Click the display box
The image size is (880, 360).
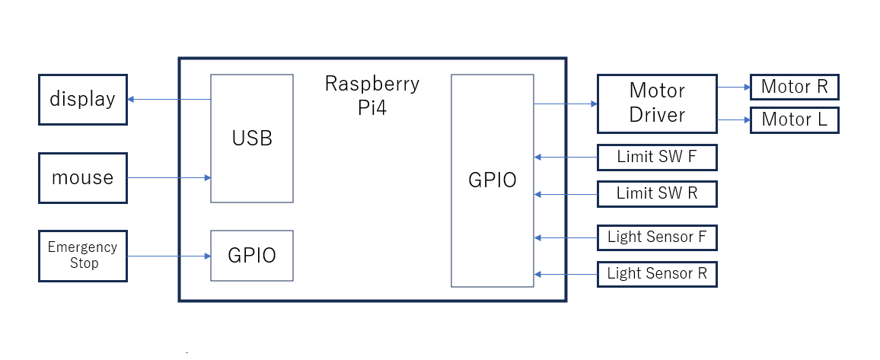click(82, 99)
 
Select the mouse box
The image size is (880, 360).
click(82, 177)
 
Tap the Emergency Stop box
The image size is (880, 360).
click(82, 256)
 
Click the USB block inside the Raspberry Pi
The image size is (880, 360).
click(252, 139)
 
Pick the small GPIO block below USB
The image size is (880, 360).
click(252, 256)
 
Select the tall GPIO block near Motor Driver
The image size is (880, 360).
click(493, 180)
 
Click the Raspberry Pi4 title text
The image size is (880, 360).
click(372, 94)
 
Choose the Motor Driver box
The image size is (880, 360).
click(657, 103)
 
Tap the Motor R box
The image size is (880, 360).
click(794, 87)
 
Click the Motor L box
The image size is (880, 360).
click(794, 119)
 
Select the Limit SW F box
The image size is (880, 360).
click(657, 158)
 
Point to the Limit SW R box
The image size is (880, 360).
click(657, 193)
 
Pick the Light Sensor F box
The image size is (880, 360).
click(657, 237)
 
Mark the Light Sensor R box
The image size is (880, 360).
click(657, 273)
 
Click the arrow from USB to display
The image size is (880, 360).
click(169, 100)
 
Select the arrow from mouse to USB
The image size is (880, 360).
click(169, 178)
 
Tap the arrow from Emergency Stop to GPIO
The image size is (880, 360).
click(169, 256)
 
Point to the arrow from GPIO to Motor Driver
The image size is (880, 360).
click(566, 104)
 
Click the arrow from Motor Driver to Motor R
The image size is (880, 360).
click(734, 88)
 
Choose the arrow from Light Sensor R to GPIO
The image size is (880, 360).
click(566, 274)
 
